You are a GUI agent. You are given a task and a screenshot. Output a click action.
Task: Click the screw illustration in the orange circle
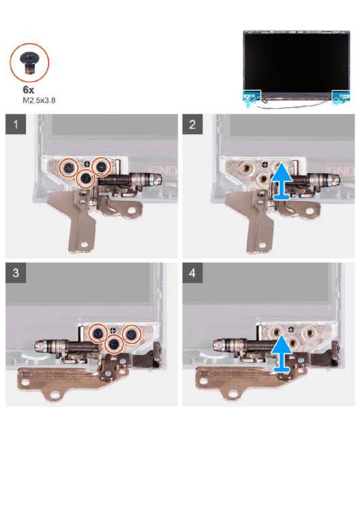[29, 62]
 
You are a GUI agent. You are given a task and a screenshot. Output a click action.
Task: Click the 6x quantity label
[28, 90]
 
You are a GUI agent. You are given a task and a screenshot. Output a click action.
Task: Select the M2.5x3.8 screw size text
[39, 100]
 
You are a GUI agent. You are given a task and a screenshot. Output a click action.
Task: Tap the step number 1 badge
[16, 124]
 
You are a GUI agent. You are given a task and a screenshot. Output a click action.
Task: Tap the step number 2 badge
[193, 124]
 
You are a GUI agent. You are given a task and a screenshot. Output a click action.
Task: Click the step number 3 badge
[16, 273]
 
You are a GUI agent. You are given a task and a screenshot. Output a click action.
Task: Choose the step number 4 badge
[193, 273]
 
